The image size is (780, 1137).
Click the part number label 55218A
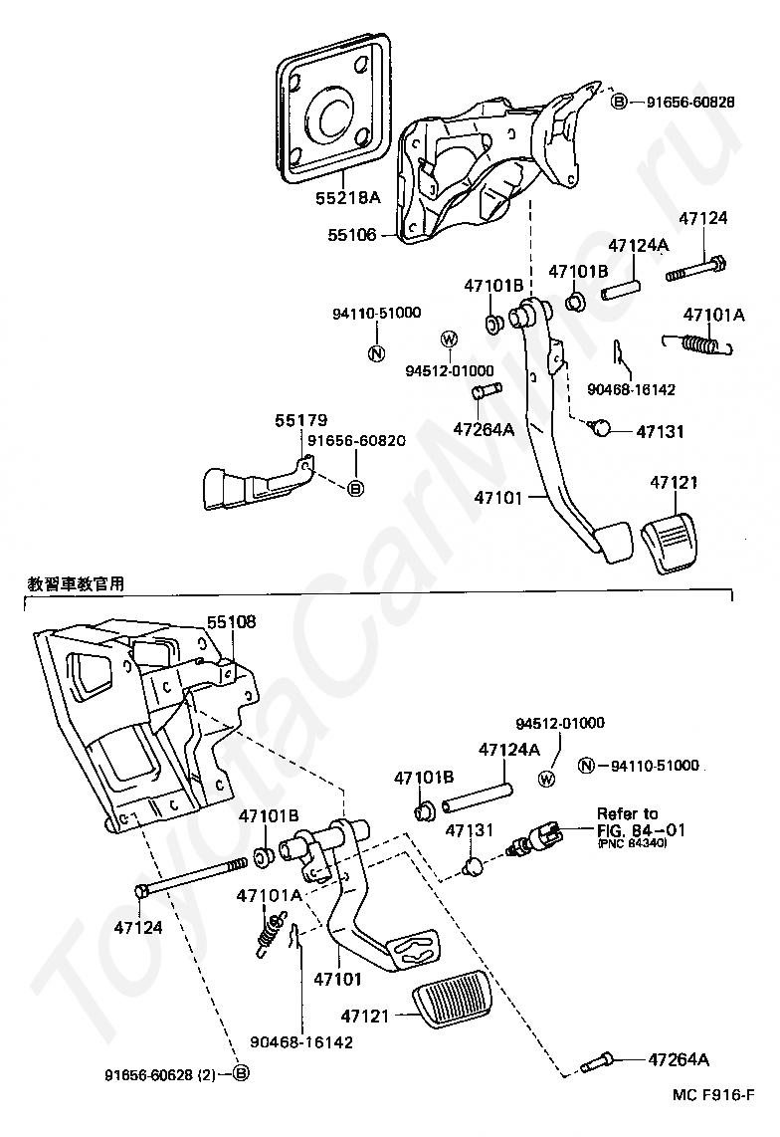coord(347,197)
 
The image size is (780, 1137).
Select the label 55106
coord(352,236)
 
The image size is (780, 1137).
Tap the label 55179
coord(301,421)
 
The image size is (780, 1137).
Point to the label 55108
coord(231,622)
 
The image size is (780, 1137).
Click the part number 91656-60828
coord(689,102)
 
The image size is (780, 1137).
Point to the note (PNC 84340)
coord(632,844)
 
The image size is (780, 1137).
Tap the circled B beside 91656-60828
coord(618,102)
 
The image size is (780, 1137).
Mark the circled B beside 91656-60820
coord(356,488)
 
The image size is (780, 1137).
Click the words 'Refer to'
coord(627,813)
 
